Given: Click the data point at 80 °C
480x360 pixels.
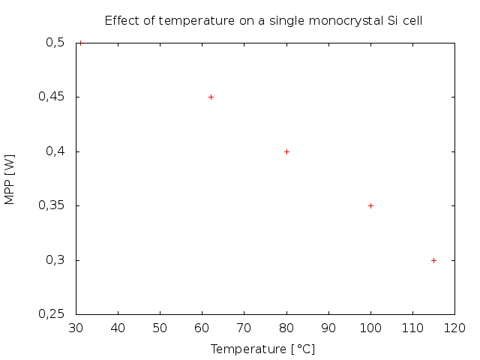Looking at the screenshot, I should click(x=286, y=151).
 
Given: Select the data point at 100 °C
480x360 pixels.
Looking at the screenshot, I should click(x=370, y=205).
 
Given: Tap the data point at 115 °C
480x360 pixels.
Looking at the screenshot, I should click(x=433, y=260).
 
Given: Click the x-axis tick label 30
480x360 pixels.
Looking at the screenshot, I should click(x=76, y=328).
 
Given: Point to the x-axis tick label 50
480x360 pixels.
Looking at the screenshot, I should click(x=160, y=328).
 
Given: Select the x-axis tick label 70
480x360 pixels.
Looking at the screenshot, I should click(x=244, y=328).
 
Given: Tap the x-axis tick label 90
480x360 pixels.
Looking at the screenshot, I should click(x=328, y=328).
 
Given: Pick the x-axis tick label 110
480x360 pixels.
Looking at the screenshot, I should click(x=412, y=328).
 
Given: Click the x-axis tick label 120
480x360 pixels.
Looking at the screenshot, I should click(x=454, y=328).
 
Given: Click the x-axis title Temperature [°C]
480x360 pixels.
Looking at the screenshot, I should click(x=262, y=349).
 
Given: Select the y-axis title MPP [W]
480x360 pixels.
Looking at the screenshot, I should click(x=10, y=178).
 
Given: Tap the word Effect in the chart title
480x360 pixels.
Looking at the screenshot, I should click(x=121, y=20).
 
